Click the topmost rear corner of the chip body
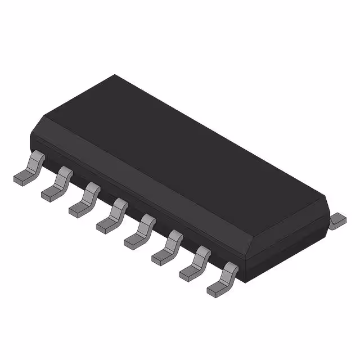[115, 75]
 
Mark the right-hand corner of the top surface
[327, 197]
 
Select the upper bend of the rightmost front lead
[229, 269]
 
